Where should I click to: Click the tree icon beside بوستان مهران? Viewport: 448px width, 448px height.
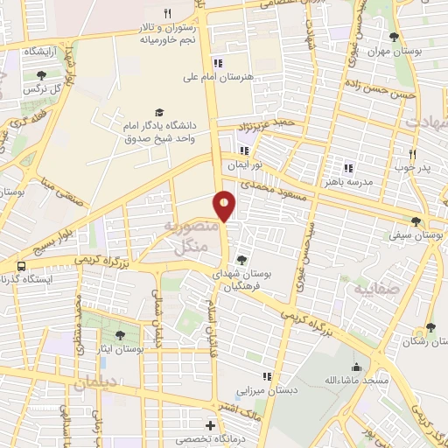[395, 37]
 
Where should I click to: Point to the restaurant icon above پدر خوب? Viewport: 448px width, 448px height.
[411, 151]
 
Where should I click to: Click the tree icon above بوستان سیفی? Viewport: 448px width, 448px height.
[416, 221]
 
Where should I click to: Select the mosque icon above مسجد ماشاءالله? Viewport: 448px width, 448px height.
[356, 367]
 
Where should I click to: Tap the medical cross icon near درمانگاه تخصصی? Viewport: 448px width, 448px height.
[209, 425]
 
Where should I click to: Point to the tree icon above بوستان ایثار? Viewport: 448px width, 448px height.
[120, 334]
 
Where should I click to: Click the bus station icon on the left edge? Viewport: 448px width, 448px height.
[19, 265]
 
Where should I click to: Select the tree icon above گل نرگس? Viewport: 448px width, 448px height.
[40, 75]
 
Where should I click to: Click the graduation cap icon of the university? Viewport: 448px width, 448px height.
[158, 112]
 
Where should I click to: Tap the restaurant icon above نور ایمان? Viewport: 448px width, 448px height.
[232, 150]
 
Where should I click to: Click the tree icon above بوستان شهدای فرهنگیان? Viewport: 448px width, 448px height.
[241, 258]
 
